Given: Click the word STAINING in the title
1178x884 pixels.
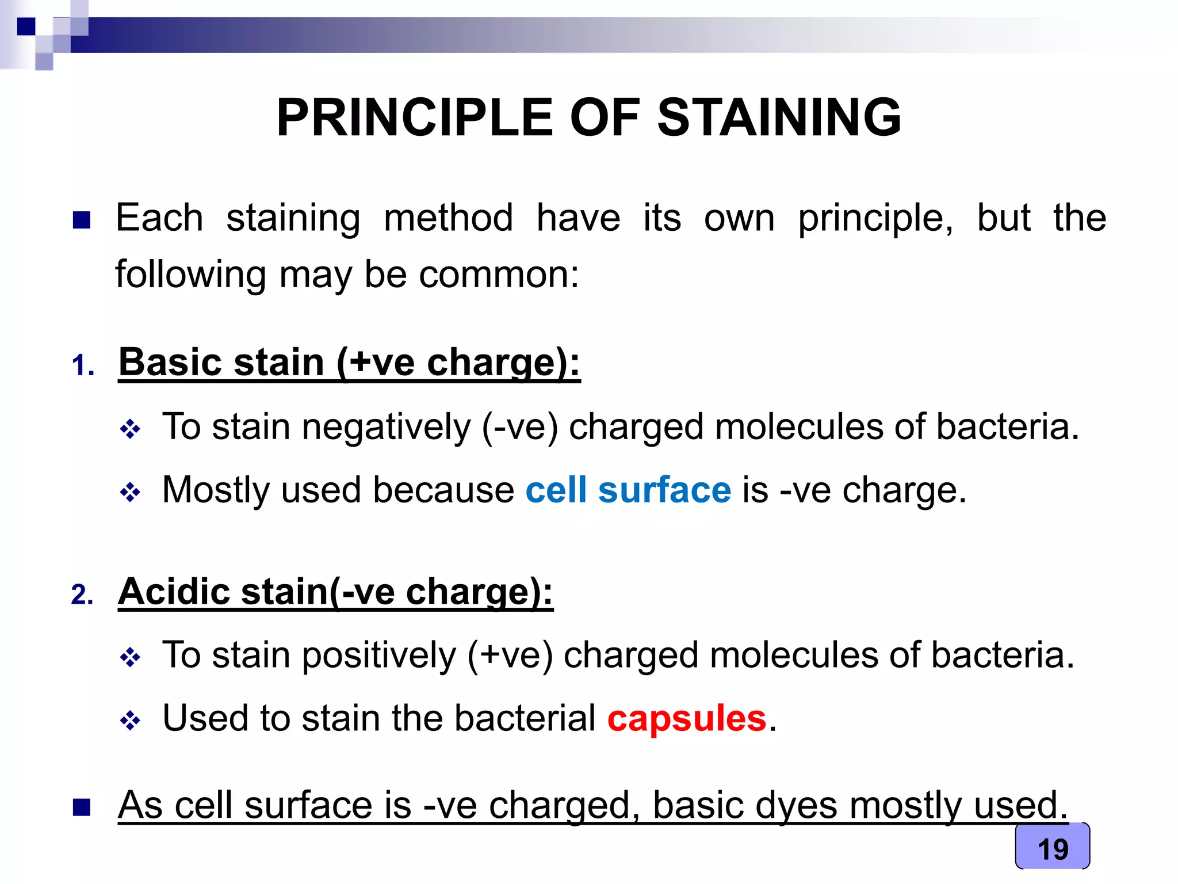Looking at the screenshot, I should [x=779, y=117].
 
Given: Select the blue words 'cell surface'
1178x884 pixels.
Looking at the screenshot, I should [x=628, y=490].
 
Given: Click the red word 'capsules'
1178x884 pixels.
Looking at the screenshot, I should [x=687, y=719].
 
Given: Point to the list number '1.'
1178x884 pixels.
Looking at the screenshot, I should [x=83, y=365].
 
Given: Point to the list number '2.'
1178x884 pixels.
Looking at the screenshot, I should [x=82, y=595].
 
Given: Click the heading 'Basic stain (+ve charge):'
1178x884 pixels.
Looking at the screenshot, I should [x=349, y=363].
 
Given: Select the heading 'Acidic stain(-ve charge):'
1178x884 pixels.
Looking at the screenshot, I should [x=335, y=592].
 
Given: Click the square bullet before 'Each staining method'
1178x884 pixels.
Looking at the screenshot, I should [x=82, y=220].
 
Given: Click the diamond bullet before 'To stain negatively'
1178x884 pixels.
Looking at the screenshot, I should [x=130, y=429].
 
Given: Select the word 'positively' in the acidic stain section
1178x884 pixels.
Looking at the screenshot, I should [x=378, y=656].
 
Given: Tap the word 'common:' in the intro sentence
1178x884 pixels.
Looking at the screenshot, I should [x=499, y=275].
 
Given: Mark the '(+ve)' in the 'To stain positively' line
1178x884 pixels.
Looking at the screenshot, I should [x=510, y=656].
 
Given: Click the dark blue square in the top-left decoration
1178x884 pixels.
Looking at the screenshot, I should [x=26, y=26].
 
